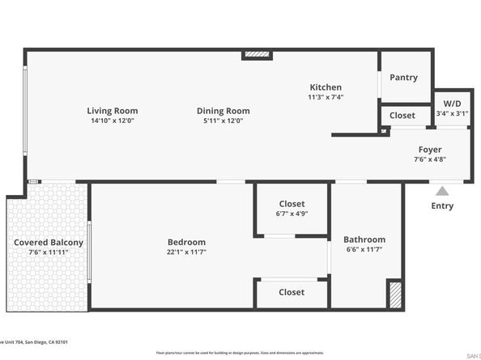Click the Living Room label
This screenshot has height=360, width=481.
coord(113,111)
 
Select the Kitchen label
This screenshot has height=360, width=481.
coord(326,87)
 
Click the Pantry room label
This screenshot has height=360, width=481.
coord(403,78)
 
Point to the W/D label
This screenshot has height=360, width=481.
coord(452,104)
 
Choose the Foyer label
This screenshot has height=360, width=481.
coord(429,150)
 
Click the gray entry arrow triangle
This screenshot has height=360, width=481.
coord(442,192)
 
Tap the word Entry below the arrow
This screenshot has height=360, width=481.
coord(442,206)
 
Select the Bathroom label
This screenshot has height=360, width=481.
coord(364,239)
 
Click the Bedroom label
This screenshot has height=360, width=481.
coord(186,242)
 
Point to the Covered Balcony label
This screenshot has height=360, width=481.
coord(49,243)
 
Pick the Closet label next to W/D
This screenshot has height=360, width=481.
coord(402,116)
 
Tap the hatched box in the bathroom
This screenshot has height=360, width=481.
coord(394,294)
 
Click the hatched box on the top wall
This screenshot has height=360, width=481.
coord(257,55)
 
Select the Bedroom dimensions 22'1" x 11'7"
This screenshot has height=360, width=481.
coord(186,252)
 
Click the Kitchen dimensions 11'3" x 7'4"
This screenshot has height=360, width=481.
coord(326,97)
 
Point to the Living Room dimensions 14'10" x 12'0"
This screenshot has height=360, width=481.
coord(113,121)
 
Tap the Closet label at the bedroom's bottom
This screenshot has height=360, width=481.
coord(292,292)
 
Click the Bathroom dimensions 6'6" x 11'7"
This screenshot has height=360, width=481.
coord(364,250)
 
